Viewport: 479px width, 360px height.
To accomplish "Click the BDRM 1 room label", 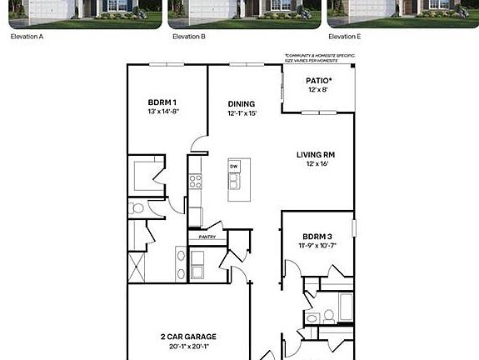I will point(162,102).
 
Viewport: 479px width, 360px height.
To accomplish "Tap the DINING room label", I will point(241,104).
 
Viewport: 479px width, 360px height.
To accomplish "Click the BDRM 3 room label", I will point(317,236).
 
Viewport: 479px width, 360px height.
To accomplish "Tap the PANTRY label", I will point(207,237).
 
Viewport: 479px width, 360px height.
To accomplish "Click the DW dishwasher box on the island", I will point(234,167).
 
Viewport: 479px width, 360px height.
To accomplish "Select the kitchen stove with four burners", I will point(195,180).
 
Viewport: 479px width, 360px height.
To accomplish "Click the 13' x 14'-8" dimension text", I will point(163,112).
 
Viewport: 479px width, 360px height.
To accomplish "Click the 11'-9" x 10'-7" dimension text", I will point(317,245).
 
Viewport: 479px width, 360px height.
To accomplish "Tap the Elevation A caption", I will point(27,37).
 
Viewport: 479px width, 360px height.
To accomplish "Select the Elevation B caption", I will point(188,37).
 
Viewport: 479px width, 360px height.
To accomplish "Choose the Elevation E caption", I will point(345,37).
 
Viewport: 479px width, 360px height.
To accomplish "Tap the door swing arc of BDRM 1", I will point(198,143).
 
